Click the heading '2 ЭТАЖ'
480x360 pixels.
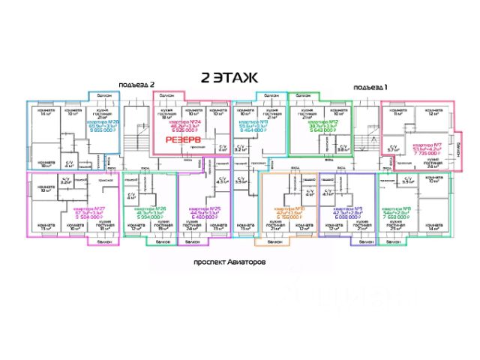pyautogui.click(x=229, y=77)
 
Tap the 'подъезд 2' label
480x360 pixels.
pyautogui.click(x=136, y=85)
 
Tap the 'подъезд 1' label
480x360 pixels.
pyautogui.click(x=370, y=86)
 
